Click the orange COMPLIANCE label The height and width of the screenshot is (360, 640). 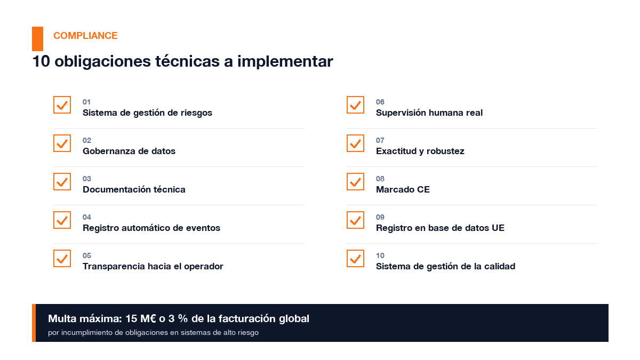click(x=85, y=36)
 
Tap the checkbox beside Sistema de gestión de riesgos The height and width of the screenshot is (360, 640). click(x=62, y=105)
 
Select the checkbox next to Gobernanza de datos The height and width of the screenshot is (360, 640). click(x=62, y=143)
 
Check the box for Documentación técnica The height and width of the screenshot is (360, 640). click(x=62, y=181)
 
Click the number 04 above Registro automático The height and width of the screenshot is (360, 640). click(x=87, y=217)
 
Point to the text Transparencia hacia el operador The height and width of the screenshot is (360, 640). click(x=153, y=266)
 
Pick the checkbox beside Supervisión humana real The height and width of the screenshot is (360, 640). click(x=355, y=105)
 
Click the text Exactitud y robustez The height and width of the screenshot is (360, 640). click(x=420, y=151)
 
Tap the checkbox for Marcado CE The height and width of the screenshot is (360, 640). click(x=355, y=181)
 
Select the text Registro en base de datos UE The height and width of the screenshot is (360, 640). click(x=440, y=228)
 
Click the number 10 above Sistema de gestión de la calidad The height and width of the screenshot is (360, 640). click(x=380, y=255)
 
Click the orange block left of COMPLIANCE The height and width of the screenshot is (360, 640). click(x=37, y=38)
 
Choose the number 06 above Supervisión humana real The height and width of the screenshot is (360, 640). click(x=380, y=102)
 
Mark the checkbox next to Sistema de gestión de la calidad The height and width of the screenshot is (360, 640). click(x=355, y=258)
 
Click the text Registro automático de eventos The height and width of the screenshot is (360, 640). click(x=151, y=228)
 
